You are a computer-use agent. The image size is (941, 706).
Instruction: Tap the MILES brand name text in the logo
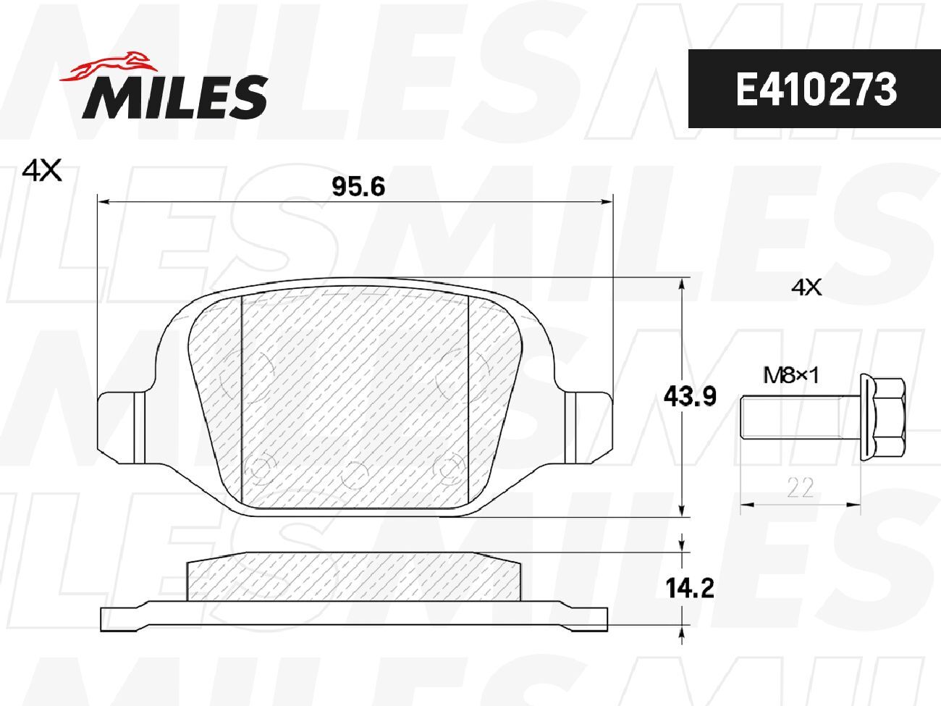click(175, 97)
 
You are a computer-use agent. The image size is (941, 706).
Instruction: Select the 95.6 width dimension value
click(358, 187)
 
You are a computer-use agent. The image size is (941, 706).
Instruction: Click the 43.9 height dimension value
click(690, 397)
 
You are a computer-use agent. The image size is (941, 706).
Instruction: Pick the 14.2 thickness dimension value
click(690, 588)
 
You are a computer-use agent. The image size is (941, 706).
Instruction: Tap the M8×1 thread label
click(791, 376)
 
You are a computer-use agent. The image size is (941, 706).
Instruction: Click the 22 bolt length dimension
click(801, 488)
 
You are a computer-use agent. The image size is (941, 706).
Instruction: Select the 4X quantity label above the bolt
click(806, 287)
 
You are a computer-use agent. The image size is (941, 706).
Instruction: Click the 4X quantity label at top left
click(42, 172)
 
